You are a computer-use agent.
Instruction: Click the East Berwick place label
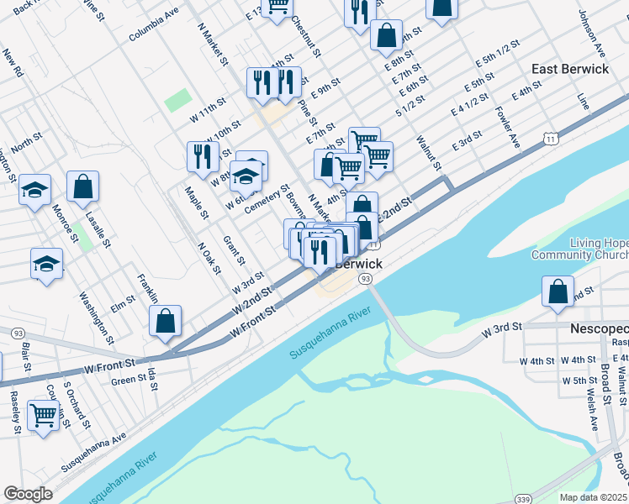coord(570,69)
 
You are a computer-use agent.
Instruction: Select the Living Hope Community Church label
coord(579,249)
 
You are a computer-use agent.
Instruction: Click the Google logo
coord(28,494)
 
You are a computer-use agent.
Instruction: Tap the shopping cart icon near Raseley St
coord(43,414)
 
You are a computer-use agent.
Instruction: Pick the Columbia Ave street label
coord(154,25)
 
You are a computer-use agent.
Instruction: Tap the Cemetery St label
coord(267,199)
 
